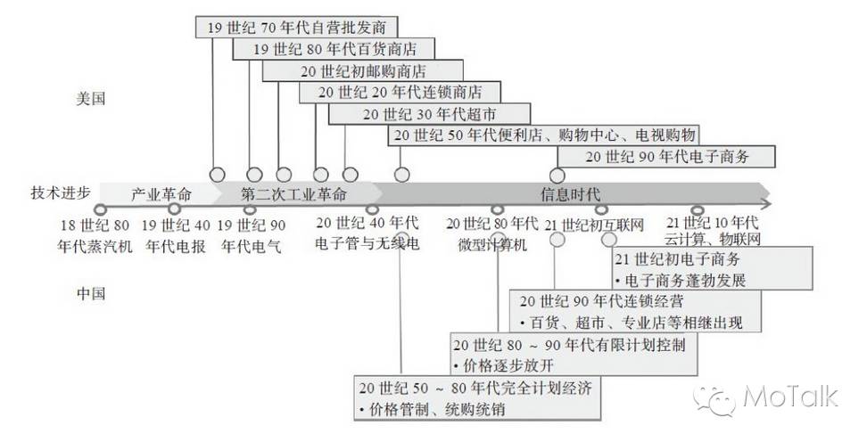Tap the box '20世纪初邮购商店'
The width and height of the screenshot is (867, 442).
tap(363, 70)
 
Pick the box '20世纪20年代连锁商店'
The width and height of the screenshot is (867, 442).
tap(400, 92)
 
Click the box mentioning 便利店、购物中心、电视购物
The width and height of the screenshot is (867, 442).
tap(542, 135)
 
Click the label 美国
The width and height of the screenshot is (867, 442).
tap(91, 99)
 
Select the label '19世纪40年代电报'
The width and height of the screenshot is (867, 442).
tap(176, 234)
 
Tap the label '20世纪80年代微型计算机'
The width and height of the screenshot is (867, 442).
tap(491, 233)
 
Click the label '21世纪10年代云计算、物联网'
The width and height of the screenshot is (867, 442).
tap(711, 231)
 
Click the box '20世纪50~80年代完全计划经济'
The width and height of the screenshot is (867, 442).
tap(475, 398)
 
